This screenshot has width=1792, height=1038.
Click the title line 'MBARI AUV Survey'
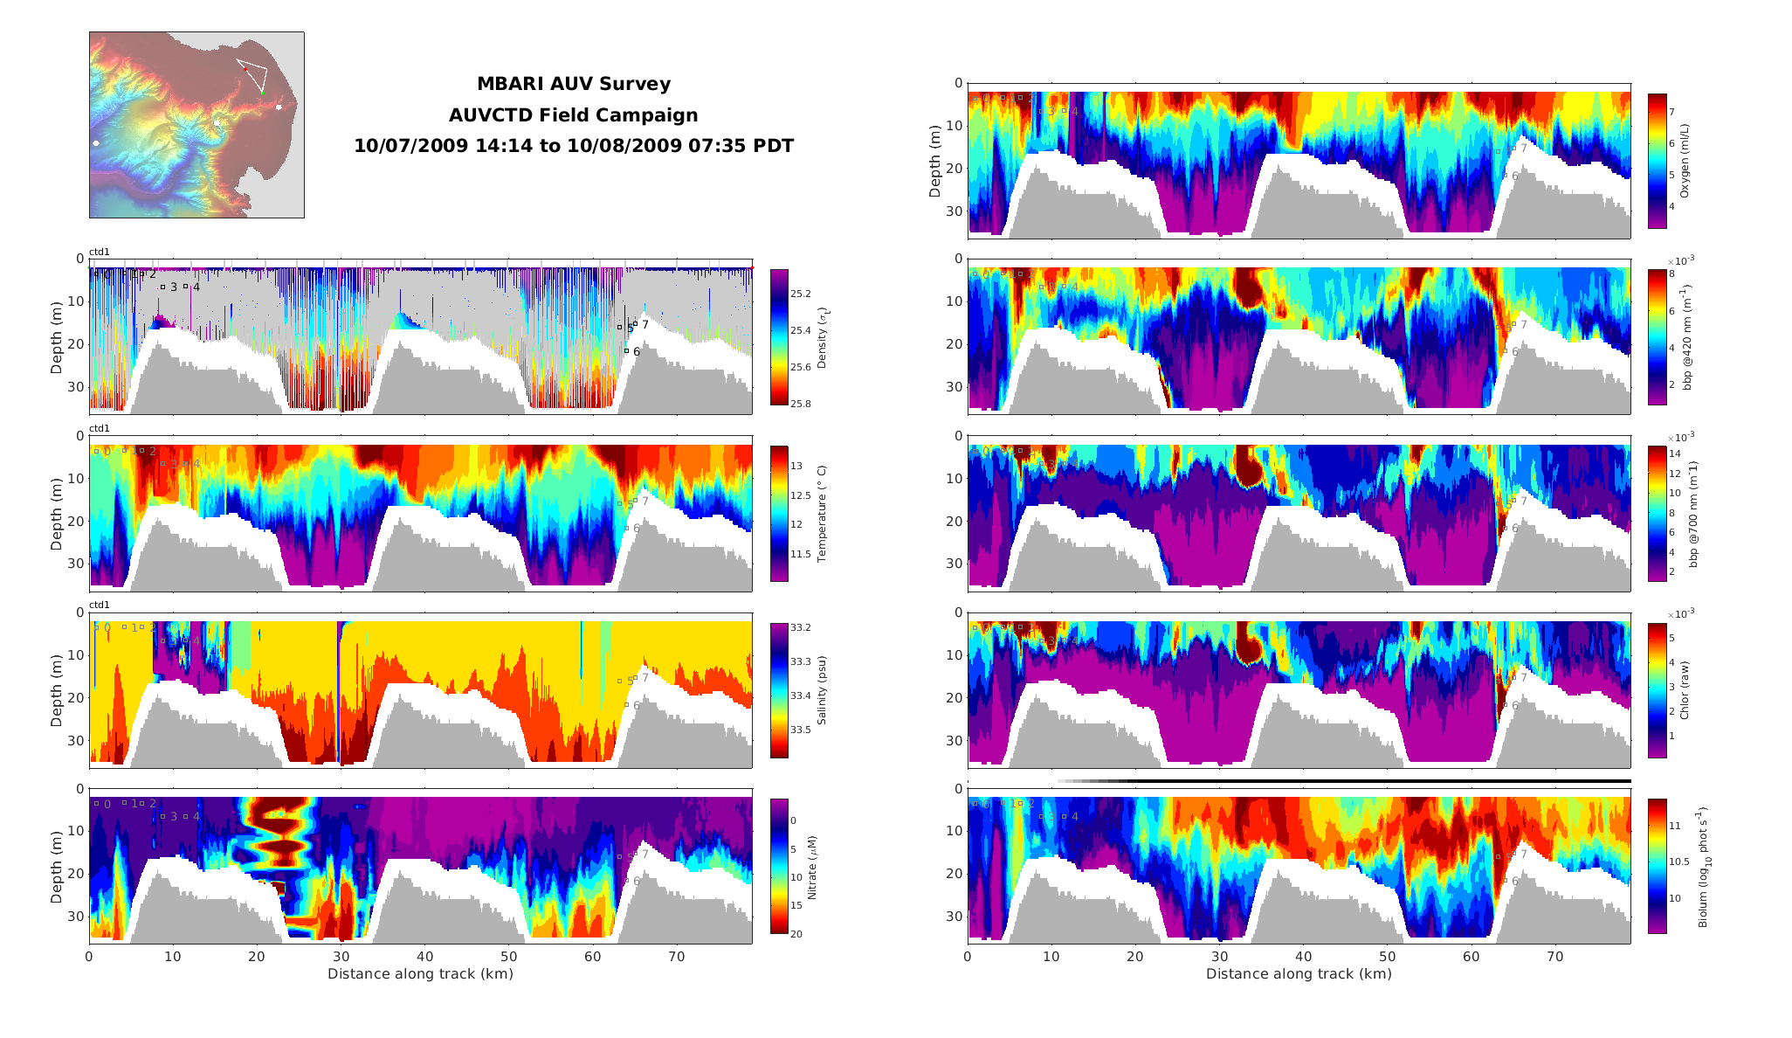pos(573,84)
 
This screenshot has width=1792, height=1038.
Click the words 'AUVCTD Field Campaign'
pos(573,115)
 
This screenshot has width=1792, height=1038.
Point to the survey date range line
pos(573,146)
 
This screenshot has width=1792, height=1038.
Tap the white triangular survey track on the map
pos(252,75)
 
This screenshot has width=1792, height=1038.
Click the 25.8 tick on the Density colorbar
pos(801,404)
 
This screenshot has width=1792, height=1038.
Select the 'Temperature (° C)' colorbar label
pos(821,514)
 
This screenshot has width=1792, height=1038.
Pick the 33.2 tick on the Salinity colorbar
pos(801,627)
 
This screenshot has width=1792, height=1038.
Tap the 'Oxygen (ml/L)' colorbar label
pos(1685,162)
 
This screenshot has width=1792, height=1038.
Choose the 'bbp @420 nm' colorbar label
pos(1687,336)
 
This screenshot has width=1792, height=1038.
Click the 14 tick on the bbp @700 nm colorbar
pos(1674,453)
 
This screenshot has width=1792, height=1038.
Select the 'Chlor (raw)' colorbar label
pos(1685,690)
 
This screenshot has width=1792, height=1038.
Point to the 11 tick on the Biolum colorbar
pos(1674,826)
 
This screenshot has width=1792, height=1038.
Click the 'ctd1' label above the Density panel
pos(100,253)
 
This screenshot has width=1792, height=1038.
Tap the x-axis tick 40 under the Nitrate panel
pos(424,957)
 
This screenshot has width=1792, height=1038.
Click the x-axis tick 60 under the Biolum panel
pos(1471,957)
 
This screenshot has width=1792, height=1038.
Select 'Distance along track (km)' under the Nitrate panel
pos(420,974)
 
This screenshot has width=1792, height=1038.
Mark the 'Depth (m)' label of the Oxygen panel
pos(935,162)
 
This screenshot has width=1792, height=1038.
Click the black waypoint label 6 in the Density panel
pos(637,352)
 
